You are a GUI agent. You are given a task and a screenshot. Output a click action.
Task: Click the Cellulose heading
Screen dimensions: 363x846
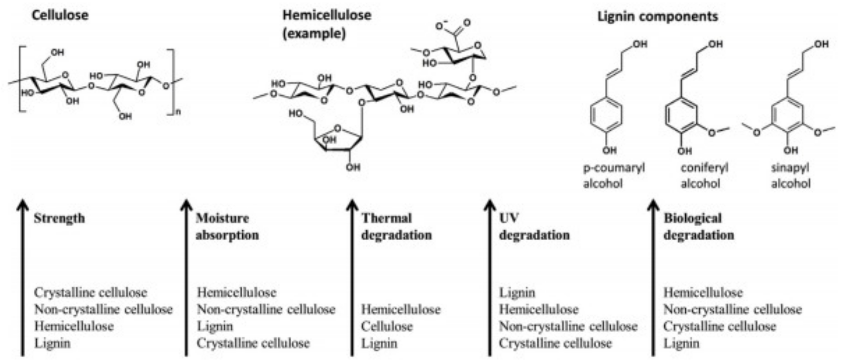click(x=60, y=15)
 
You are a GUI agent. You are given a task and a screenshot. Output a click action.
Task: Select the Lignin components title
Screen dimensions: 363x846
click(x=658, y=16)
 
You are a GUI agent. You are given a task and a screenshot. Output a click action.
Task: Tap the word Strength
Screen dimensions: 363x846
click(x=59, y=219)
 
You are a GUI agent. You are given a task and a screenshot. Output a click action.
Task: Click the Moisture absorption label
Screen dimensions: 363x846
click(x=227, y=227)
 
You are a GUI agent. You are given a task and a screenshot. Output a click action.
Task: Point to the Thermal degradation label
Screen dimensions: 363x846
click(x=396, y=227)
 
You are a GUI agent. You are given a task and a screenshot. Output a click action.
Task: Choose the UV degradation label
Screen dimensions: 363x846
click(x=534, y=227)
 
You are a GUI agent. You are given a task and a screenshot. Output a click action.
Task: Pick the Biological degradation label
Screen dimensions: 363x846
click(x=699, y=227)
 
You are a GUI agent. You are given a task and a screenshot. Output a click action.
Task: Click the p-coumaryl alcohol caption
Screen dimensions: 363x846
click(x=614, y=176)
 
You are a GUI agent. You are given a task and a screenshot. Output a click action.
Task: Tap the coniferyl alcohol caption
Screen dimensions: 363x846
click(x=704, y=176)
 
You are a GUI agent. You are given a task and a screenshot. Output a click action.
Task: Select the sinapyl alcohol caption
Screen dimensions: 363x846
click(x=790, y=176)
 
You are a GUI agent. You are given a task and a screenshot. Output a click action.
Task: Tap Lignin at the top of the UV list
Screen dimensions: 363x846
click(x=517, y=293)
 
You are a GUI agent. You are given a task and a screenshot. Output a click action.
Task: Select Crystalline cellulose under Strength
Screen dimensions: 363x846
click(x=90, y=293)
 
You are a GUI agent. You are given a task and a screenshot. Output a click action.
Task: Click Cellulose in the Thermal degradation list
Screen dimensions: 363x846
click(x=387, y=326)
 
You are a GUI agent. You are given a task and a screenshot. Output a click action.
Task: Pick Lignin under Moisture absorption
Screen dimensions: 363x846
click(x=215, y=326)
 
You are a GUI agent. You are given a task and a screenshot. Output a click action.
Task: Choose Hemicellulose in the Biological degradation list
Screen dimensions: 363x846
click(x=703, y=293)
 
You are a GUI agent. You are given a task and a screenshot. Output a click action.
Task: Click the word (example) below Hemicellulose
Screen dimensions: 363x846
click(x=314, y=34)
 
